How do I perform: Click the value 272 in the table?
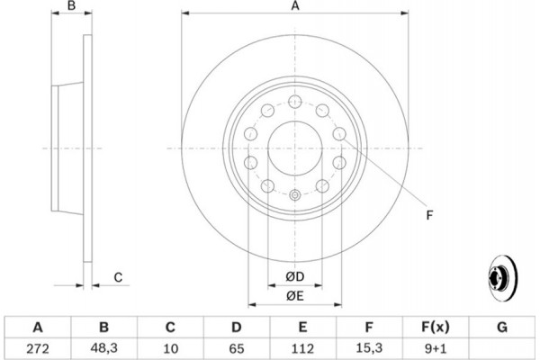36,346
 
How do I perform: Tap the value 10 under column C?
168,346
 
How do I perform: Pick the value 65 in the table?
235,346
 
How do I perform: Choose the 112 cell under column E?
301,346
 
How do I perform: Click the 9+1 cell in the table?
435,346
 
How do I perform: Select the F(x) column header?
435,327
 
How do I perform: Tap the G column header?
501,327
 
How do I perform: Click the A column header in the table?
36,327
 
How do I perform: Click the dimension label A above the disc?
294,6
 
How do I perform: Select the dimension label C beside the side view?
117,278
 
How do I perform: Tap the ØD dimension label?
294,275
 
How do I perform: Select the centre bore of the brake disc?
294,148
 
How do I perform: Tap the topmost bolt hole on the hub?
294,102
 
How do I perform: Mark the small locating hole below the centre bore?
294,193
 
